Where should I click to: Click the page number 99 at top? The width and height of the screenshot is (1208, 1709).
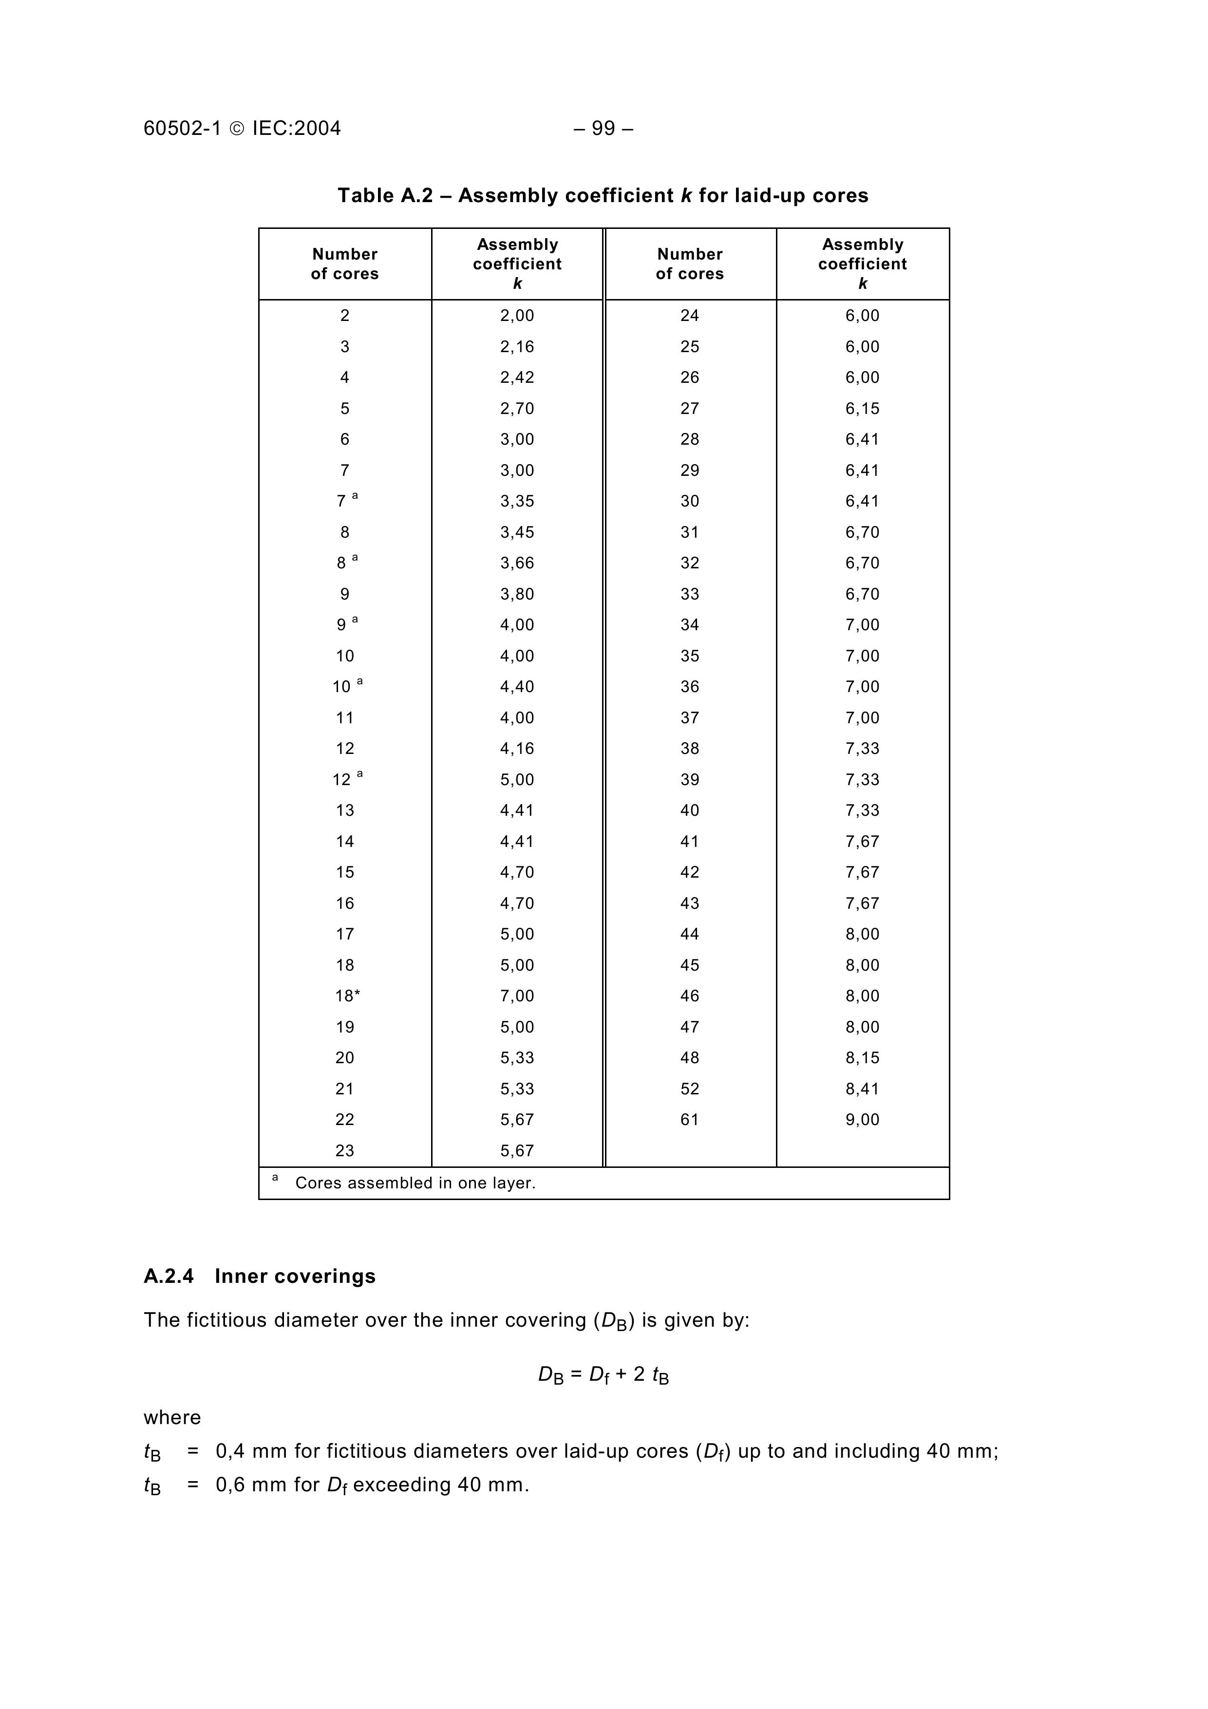coord(604,129)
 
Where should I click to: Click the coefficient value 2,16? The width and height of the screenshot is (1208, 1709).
coord(517,347)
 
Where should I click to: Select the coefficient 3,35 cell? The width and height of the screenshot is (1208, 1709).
coord(517,502)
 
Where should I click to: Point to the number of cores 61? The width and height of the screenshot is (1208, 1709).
coord(689,1120)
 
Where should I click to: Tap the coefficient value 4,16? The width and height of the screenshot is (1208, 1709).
coord(517,749)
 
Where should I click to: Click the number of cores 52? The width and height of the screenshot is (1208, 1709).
coord(689,1089)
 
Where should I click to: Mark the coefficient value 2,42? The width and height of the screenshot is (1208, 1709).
coord(517,377)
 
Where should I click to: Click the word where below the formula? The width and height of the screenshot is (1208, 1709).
coord(172,1417)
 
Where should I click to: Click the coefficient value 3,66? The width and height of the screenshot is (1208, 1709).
coord(517,563)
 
